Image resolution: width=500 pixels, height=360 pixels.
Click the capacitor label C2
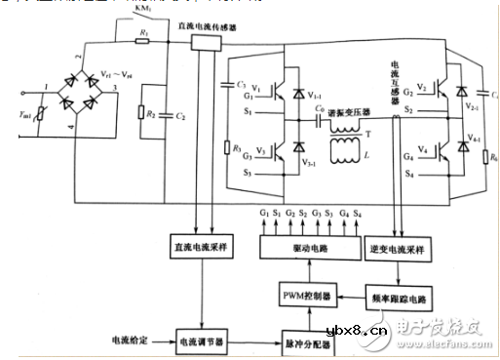click(x=182, y=114)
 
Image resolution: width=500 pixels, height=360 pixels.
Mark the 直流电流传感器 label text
click(x=232, y=26)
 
